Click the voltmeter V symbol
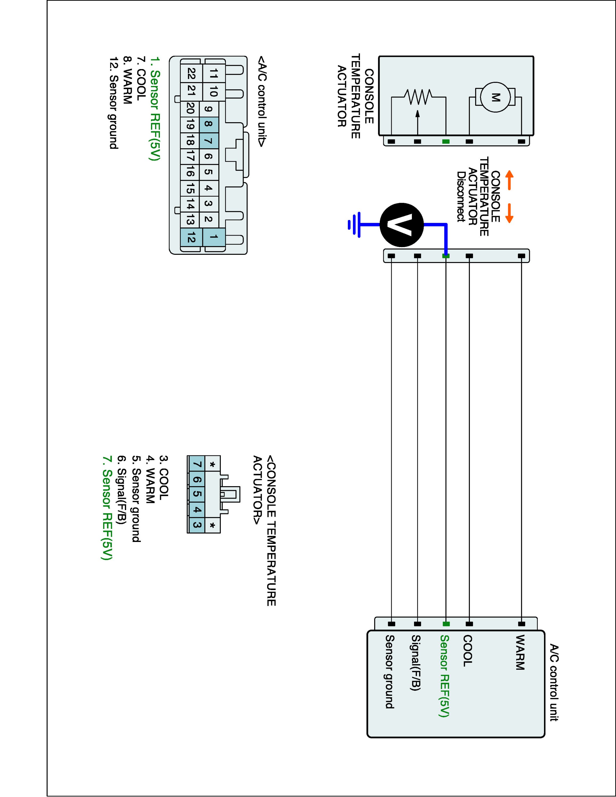coord(402,225)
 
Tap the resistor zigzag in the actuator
coord(418,97)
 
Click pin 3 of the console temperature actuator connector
coord(196,525)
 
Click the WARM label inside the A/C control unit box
coord(519,652)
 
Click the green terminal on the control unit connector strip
coord(446,624)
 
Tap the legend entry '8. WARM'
coord(127,80)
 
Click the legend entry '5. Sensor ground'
coord(136,499)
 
